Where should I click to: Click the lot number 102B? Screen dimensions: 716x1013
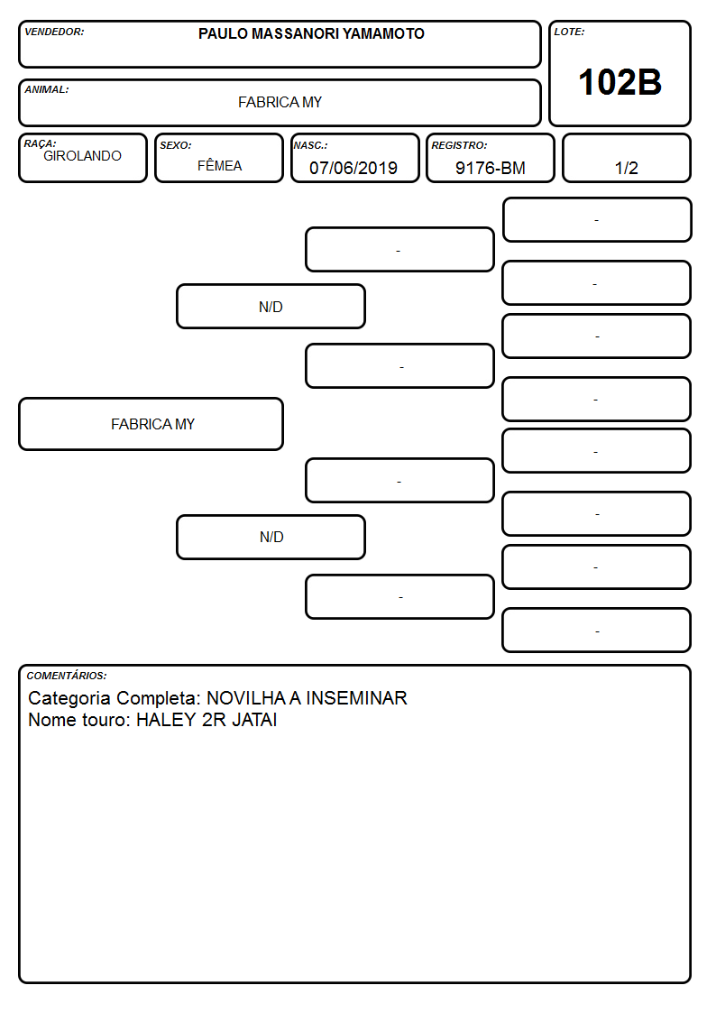pos(620,83)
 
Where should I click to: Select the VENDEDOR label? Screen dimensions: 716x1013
pos(54,32)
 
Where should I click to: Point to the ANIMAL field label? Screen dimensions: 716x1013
pos(47,90)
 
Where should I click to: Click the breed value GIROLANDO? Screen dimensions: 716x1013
pos(82,156)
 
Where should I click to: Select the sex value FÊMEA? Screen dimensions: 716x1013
pos(219,165)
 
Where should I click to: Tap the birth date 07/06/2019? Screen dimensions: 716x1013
pos(353,168)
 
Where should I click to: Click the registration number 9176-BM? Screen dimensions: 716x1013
pos(490,168)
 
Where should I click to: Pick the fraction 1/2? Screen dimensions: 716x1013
pos(626,168)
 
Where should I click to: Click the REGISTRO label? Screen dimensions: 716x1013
pos(459,145)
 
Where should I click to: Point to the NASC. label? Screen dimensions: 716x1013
pos(310,145)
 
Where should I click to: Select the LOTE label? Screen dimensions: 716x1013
pos(569,32)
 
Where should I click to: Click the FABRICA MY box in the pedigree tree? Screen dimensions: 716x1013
pos(151,424)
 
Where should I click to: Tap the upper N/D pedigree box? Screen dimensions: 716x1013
pos(271,306)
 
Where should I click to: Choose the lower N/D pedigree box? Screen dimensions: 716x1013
pos(271,537)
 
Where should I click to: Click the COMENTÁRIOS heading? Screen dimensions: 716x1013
pos(67,676)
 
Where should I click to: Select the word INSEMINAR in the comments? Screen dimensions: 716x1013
pos(356,698)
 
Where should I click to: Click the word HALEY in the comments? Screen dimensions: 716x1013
pos(166,720)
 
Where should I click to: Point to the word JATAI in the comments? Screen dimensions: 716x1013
pos(254,720)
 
